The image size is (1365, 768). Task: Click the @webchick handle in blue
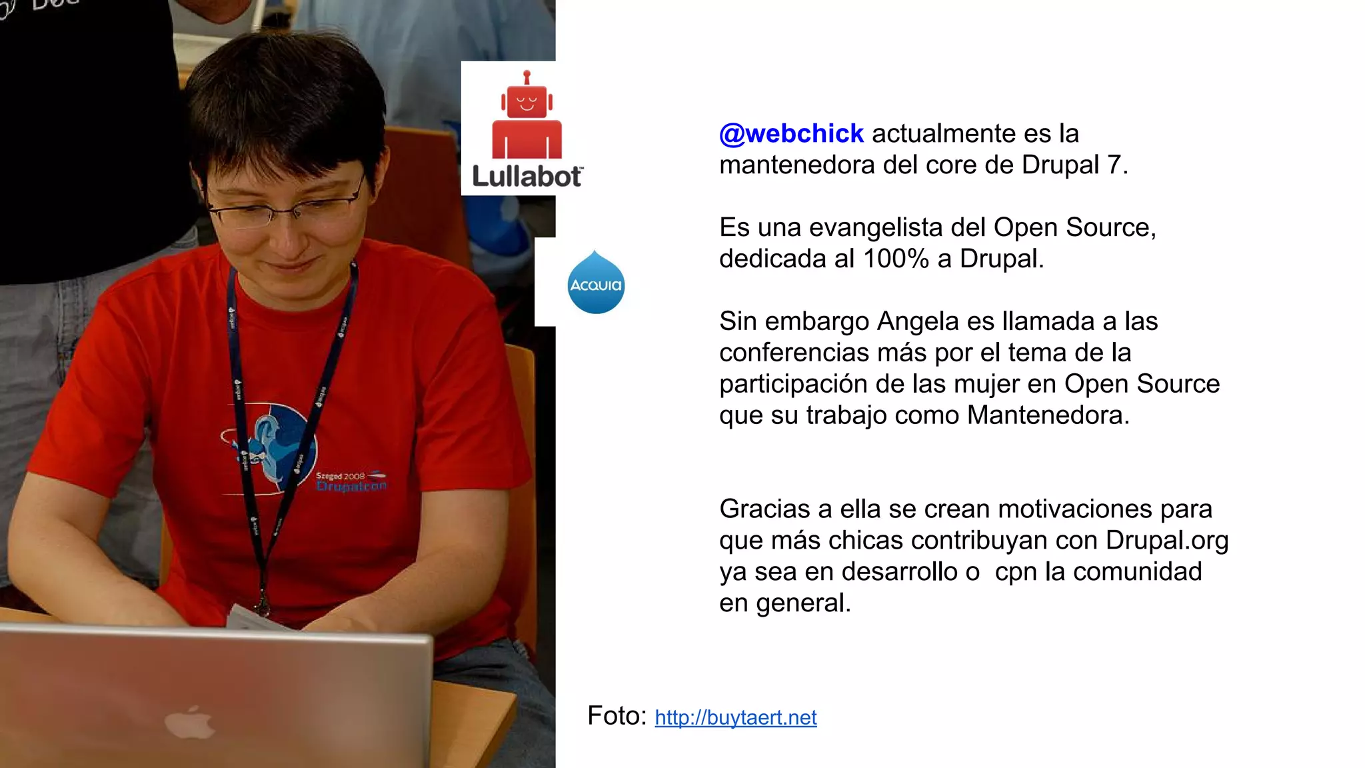tap(791, 134)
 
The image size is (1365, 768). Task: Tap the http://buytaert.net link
tap(735, 717)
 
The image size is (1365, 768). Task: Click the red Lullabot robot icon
tap(527, 117)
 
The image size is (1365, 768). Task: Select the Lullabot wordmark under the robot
tap(527, 177)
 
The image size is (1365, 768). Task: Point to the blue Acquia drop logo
tap(595, 283)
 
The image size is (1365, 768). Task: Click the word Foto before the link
tap(617, 716)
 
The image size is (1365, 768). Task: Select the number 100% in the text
tap(896, 259)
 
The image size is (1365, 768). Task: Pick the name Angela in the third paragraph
tap(917, 321)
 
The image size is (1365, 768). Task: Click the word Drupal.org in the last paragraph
tap(1166, 540)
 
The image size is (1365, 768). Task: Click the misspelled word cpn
tap(1016, 573)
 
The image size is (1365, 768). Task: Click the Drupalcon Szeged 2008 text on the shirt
tap(350, 481)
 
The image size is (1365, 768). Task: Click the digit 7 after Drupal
tap(1114, 165)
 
